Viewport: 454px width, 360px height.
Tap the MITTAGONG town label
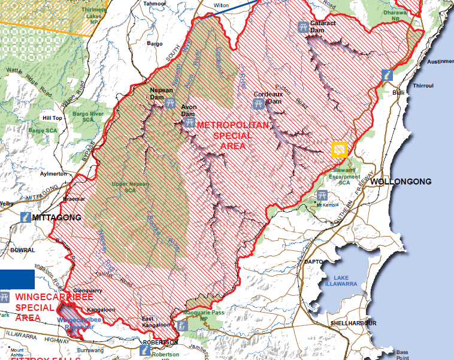[x=57, y=217]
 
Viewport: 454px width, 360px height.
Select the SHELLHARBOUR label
[x=353, y=323]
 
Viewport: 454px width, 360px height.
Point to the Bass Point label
[x=401, y=355]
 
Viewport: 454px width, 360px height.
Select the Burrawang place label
[x=91, y=349]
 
